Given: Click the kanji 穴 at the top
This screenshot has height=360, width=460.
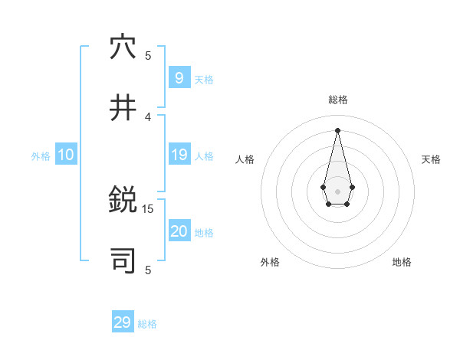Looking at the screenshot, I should tap(123, 47).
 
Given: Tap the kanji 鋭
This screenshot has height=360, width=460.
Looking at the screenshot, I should tap(123, 201).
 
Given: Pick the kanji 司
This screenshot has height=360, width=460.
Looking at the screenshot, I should tap(123, 261).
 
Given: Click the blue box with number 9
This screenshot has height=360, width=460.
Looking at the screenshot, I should tap(179, 77).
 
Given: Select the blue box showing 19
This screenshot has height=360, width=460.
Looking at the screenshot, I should tap(179, 155).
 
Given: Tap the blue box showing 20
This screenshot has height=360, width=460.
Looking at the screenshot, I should tap(179, 231).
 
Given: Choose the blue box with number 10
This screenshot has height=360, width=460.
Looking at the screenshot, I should tap(66, 155).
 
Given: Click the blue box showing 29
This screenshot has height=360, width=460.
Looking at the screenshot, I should tap(123, 322).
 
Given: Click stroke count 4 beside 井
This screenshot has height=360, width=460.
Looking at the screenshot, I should tap(148, 116).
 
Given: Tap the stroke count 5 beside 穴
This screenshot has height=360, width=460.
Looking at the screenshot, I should tap(148, 55).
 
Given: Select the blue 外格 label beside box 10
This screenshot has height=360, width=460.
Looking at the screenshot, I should tap(41, 156).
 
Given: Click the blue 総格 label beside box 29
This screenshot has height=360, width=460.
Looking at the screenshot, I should tap(147, 324).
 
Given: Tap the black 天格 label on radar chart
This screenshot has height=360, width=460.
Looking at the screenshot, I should tap(431, 159).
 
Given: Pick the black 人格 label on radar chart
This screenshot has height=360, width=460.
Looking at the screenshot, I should tap(245, 159).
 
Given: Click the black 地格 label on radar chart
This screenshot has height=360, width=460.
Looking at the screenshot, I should tap(402, 262).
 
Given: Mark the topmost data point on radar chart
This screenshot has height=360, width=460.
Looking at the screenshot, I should tap(337, 129).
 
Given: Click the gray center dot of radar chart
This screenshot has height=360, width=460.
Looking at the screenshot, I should tap(337, 191).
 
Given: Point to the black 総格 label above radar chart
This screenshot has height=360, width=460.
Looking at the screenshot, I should tap(338, 100).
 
